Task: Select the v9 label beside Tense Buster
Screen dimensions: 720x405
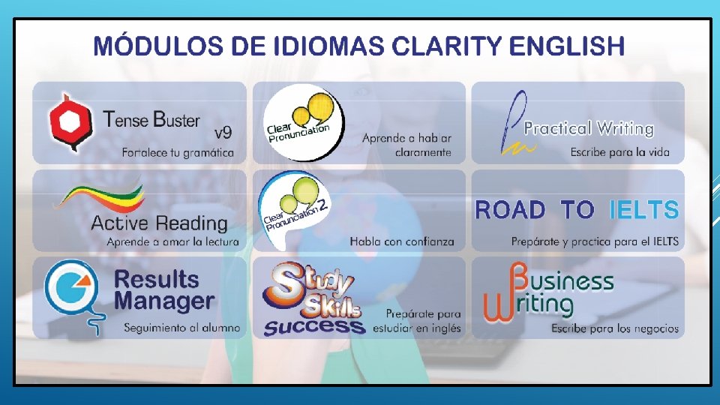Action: (223, 133)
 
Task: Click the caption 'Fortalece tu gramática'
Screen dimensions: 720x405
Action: (178, 153)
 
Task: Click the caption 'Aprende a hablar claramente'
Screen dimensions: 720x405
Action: (406, 145)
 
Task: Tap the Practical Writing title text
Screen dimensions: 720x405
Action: (589, 128)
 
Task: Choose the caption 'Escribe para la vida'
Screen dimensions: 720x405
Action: (619, 153)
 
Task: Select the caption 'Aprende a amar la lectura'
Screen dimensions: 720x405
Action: (172, 241)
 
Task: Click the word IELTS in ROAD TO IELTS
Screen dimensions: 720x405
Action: (643, 210)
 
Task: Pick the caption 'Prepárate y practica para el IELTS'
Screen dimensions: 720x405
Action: (595, 241)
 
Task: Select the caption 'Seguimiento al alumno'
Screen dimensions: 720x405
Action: (181, 328)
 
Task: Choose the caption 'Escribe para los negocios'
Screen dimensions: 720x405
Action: (614, 328)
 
